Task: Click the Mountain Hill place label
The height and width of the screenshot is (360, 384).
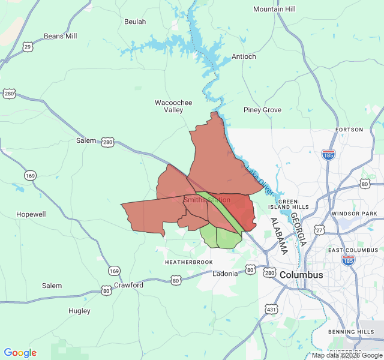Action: [274, 9]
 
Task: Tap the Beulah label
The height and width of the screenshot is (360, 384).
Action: [134, 22]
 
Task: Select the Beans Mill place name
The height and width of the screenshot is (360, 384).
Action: [61, 36]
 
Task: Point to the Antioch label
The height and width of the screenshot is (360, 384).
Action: [244, 56]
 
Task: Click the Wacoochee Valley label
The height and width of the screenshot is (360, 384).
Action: [173, 106]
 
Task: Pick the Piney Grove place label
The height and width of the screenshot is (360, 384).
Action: [262, 110]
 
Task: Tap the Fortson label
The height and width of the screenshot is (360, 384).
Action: [350, 130]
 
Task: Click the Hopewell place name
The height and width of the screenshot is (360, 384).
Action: [31, 214]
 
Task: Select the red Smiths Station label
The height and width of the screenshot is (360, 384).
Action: [207, 200]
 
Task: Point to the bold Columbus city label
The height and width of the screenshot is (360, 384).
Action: [301, 275]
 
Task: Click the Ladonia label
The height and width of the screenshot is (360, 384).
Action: [225, 274]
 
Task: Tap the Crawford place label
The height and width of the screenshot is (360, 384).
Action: [128, 285]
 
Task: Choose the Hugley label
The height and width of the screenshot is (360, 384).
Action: [79, 311]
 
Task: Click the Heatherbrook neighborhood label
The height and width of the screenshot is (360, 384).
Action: [189, 262]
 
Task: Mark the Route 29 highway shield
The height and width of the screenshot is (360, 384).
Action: [28, 46]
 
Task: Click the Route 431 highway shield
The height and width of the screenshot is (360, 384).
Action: [272, 309]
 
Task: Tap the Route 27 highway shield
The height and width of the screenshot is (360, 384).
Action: [319, 230]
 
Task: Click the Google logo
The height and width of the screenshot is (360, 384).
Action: [20, 353]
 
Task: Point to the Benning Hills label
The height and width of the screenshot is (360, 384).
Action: [351, 332]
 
